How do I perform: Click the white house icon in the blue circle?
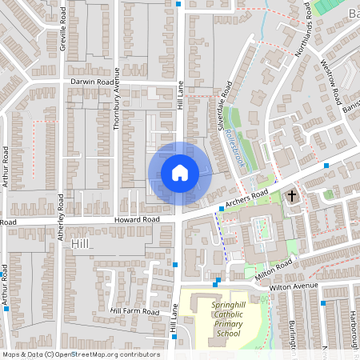click(x=180, y=172)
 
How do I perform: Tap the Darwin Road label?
click(x=93, y=82)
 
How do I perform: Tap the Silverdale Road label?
click(x=224, y=109)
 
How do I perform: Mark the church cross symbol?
click(x=292, y=194)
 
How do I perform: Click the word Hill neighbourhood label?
click(x=81, y=242)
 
